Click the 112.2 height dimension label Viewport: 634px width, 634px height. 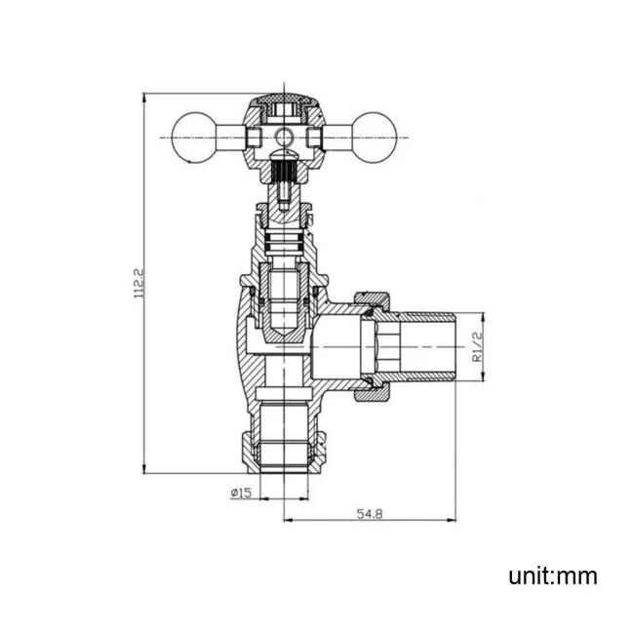(x=139, y=283)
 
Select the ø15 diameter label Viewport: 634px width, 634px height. (x=241, y=493)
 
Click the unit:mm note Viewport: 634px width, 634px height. (x=552, y=576)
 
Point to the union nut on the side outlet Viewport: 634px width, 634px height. (x=374, y=347)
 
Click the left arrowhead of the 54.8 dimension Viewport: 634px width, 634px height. (x=286, y=518)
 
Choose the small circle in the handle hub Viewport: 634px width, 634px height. (x=284, y=136)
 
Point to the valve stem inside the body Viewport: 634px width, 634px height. (x=284, y=293)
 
